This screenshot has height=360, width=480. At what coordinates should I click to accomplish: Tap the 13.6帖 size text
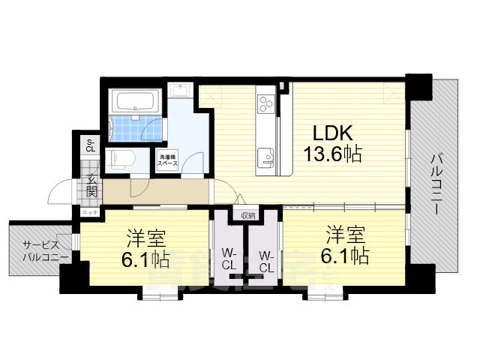333,155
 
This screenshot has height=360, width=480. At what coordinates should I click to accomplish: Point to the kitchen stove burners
267,105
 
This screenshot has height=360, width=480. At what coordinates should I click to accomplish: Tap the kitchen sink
266,158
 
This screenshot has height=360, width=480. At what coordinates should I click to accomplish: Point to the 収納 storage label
247,216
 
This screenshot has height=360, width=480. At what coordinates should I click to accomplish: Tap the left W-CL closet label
229,259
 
